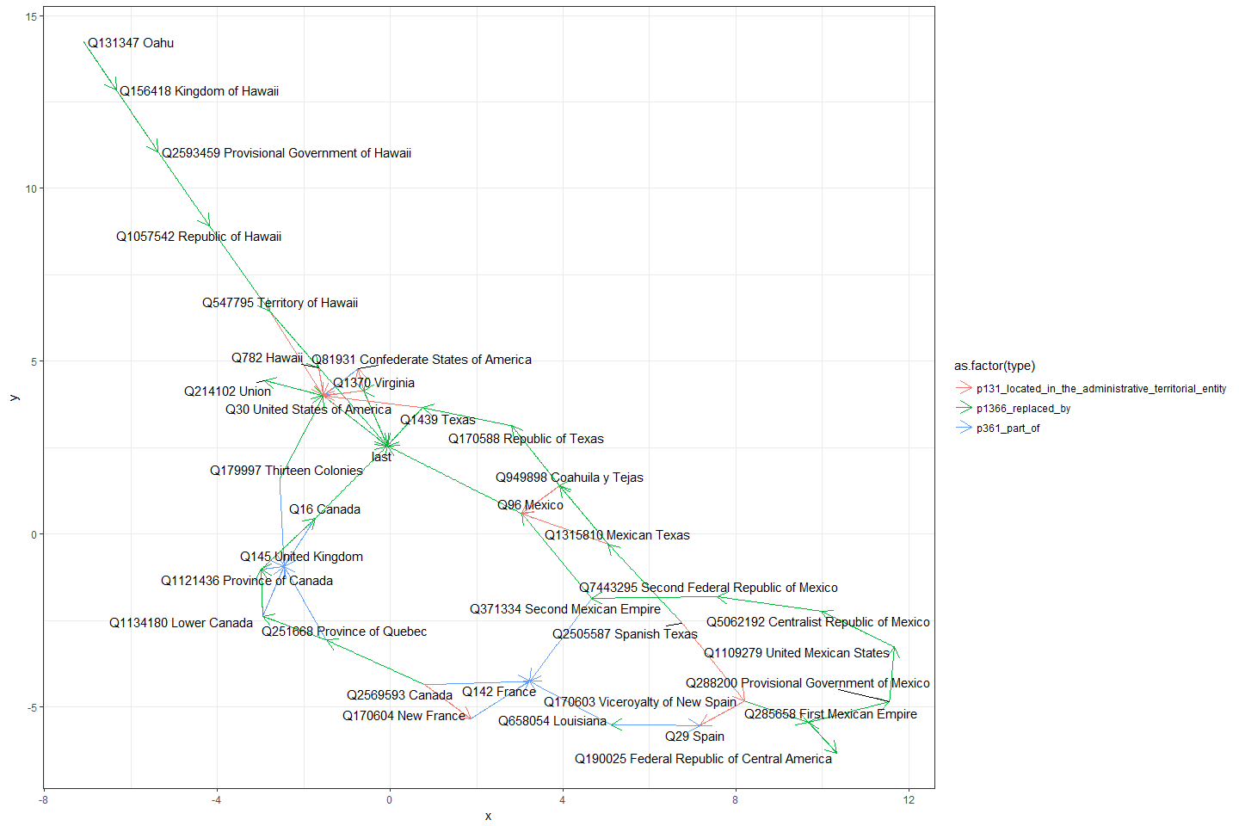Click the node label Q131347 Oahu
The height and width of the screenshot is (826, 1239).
(131, 43)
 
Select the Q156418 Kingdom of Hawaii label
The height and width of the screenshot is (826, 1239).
(199, 91)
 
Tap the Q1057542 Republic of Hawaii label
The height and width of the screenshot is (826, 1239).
(199, 237)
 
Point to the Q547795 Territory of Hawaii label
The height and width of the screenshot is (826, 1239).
(280, 303)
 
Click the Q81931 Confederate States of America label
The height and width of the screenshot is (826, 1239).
(422, 360)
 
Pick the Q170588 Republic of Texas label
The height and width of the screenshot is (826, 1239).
(526, 439)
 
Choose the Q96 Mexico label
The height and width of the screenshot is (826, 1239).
(530, 505)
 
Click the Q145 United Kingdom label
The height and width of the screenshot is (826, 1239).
(301, 557)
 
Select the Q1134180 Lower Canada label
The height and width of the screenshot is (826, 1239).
(181, 623)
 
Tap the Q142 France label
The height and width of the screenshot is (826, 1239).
(499, 692)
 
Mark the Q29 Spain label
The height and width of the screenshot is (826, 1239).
(694, 737)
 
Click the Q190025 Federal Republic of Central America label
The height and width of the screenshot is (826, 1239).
(703, 759)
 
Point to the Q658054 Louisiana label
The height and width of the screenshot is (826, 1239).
(552, 721)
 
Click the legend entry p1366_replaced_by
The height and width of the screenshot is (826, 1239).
(1023, 409)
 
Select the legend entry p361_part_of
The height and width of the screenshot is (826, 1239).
(1008, 428)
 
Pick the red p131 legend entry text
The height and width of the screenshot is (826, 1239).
(1100, 389)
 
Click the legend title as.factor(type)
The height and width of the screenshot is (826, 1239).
(995, 366)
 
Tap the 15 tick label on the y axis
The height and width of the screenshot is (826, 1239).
(31, 16)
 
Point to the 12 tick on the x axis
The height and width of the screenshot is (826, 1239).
(909, 800)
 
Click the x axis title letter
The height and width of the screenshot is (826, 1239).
(488, 816)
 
